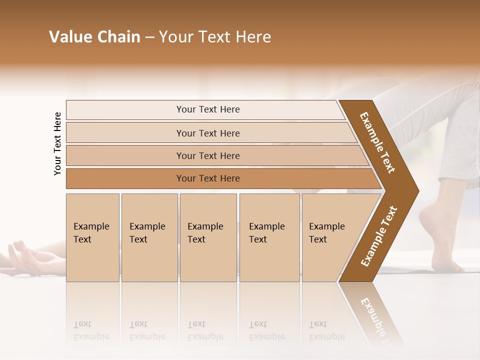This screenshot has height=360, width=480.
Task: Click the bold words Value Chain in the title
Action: [x=94, y=37]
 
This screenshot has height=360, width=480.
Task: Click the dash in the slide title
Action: [x=149, y=37]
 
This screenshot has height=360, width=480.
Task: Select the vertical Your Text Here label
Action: [x=57, y=143]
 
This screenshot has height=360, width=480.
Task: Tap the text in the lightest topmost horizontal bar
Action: [x=208, y=109]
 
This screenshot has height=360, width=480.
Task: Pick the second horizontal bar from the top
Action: [x=208, y=133]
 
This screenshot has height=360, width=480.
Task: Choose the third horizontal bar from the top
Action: [x=208, y=156]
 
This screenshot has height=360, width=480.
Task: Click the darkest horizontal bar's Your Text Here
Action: [x=208, y=178]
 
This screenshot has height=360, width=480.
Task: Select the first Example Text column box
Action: [x=92, y=237]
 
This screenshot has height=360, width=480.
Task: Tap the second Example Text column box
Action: [x=149, y=237]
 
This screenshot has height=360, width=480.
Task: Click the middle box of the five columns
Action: [x=207, y=237]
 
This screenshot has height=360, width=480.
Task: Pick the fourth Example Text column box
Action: [x=269, y=237]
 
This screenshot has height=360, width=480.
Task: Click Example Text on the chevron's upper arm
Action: [x=377, y=142]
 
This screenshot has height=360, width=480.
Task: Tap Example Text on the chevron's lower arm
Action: [x=379, y=236]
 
